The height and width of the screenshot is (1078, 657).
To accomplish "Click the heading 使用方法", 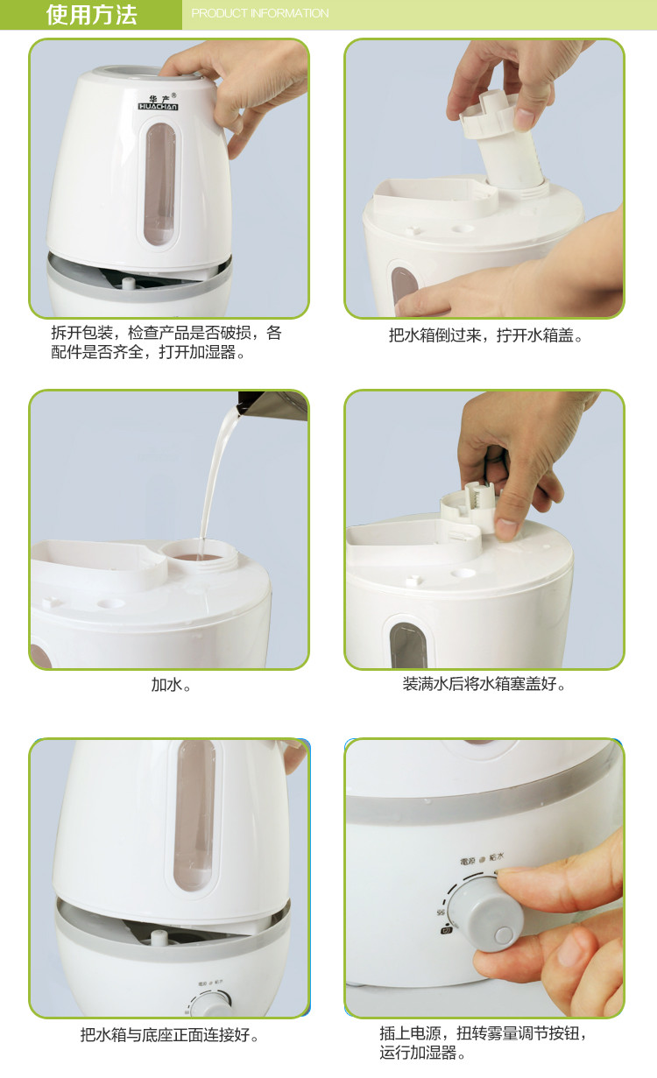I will click(91, 15).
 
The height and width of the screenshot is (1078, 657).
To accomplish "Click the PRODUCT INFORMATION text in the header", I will click(260, 14).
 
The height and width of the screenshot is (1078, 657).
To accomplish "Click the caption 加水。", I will click(171, 685).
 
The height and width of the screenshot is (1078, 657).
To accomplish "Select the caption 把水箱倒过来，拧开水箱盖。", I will click(486, 335).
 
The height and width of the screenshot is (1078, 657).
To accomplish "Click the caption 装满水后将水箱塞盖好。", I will click(484, 684).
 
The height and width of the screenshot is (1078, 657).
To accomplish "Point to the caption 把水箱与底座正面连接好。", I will click(171, 1035).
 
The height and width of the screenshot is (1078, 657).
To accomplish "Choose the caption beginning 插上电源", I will click(484, 1043).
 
